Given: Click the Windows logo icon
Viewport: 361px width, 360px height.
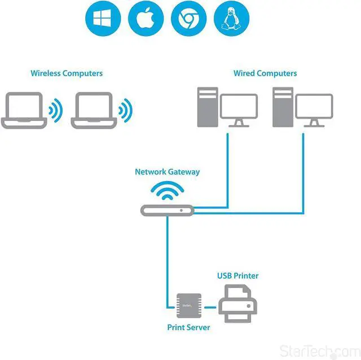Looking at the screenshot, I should click(x=103, y=19).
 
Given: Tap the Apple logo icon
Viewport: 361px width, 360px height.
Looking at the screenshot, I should click(x=146, y=19).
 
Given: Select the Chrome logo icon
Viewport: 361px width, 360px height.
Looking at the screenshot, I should click(x=189, y=19).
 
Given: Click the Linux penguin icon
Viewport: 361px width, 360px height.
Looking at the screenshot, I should click(x=232, y=19).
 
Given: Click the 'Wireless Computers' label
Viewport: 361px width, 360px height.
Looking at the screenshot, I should click(x=67, y=73).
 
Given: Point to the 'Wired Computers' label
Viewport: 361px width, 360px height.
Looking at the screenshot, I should click(x=265, y=73).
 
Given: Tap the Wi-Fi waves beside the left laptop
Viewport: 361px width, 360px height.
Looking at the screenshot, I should click(x=55, y=111).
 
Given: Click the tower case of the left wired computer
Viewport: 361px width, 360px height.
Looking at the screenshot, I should click(x=206, y=107).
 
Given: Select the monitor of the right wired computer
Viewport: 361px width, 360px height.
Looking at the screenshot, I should click(x=314, y=109).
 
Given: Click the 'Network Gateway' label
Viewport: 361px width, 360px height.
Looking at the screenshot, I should click(x=167, y=172).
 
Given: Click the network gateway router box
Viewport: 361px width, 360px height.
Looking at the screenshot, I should click(x=167, y=210).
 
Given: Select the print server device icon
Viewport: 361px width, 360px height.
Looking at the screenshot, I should click(x=188, y=307).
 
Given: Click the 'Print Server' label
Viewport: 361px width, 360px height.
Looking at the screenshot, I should click(x=188, y=327).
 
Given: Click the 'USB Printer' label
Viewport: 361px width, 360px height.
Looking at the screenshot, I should click(x=238, y=276).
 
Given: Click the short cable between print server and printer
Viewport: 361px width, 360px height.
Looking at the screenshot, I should click(x=210, y=308).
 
